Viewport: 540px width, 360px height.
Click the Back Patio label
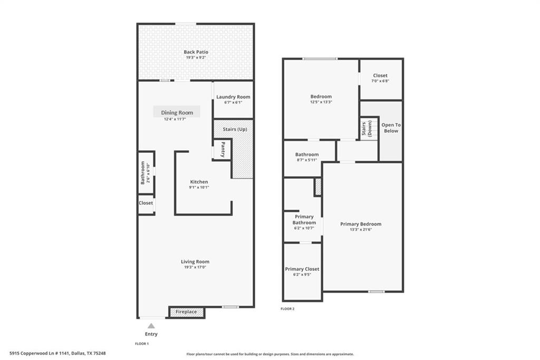(196, 52)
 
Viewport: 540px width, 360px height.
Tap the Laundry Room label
(233, 97)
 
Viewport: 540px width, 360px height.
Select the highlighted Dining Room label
(177, 112)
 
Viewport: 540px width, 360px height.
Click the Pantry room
(223, 149)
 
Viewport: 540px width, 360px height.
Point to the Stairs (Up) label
(234, 129)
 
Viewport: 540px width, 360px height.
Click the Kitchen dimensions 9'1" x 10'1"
(199, 187)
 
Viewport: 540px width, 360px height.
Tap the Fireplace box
(186, 312)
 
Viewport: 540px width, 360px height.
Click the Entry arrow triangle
(151, 326)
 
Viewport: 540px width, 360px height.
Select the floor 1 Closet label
(146, 203)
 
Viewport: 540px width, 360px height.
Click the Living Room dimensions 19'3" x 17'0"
(195, 267)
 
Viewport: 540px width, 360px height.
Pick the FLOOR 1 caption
(142, 344)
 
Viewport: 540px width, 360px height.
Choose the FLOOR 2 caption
(287, 309)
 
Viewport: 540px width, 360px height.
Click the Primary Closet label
(302, 269)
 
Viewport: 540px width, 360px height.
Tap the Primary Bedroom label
(361, 224)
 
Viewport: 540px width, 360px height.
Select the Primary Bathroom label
(303, 220)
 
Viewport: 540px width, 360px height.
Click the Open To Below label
(391, 128)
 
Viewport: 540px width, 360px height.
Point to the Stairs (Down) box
(369, 129)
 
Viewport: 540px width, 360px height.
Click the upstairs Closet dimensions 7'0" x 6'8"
(380, 81)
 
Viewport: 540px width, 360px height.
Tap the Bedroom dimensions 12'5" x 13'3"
(321, 102)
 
